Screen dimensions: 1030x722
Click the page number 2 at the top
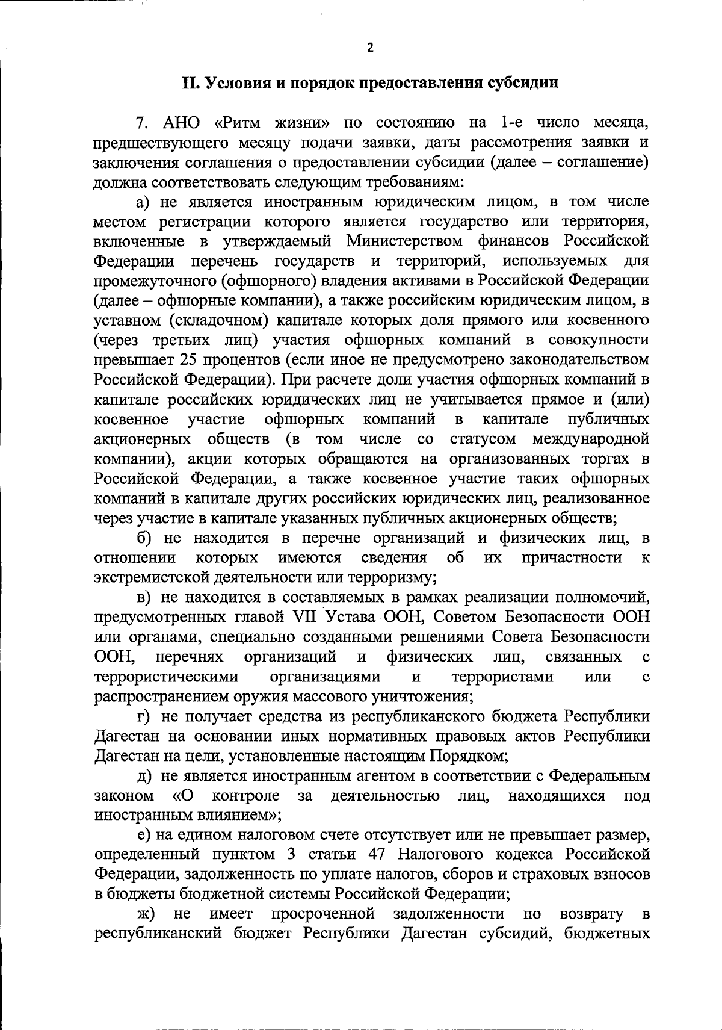[x=370, y=48]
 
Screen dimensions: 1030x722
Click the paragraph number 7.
[x=142, y=123]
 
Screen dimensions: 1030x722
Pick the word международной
[x=590, y=438]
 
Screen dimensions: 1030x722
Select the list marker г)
[x=143, y=716]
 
